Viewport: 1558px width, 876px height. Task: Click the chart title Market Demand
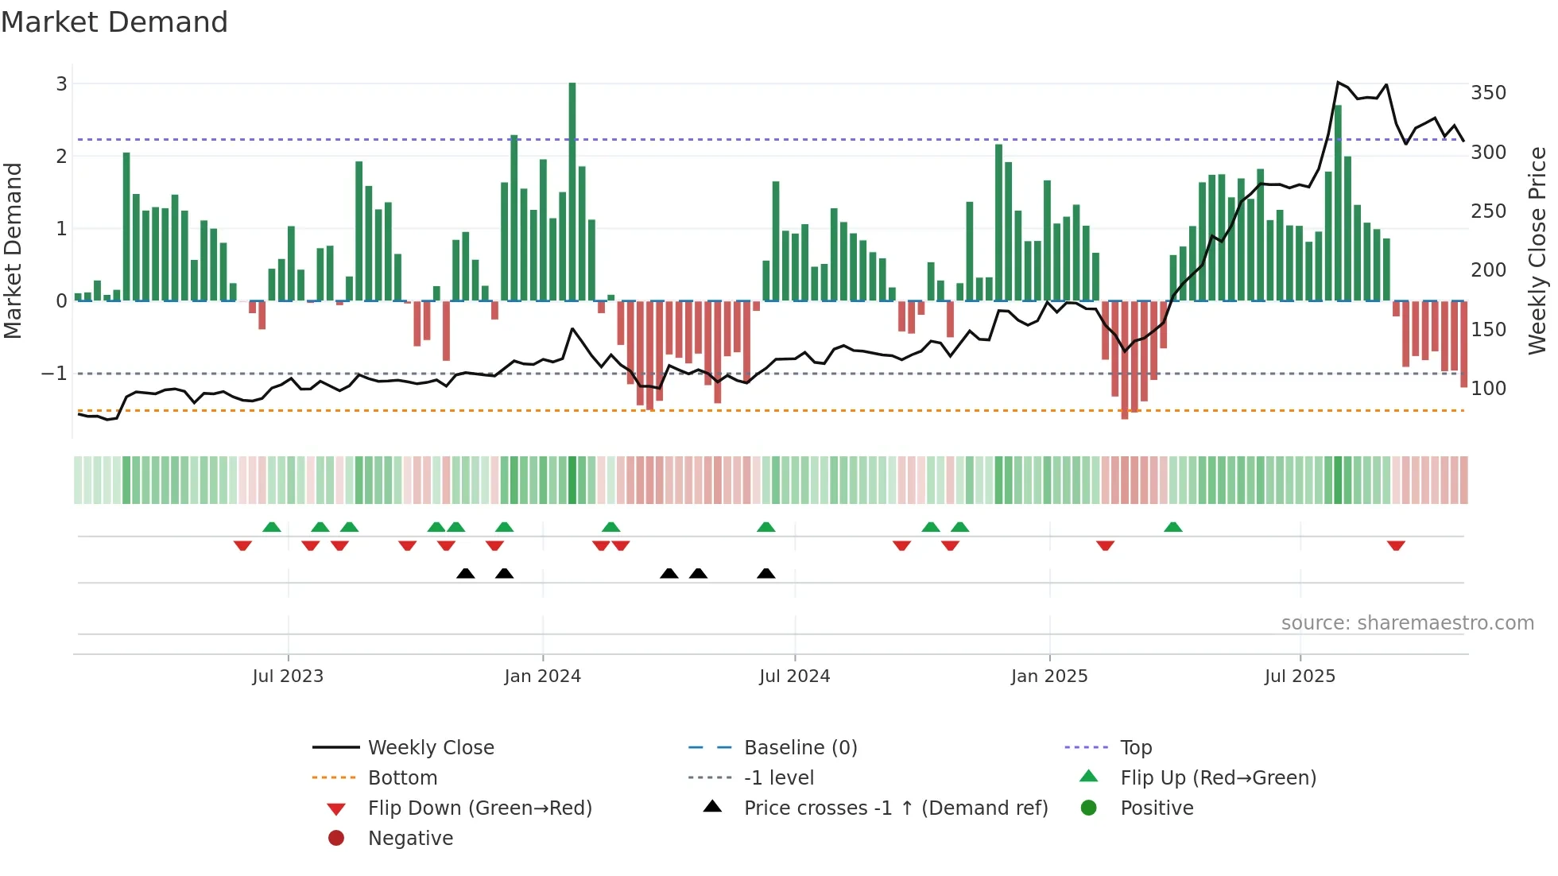click(114, 22)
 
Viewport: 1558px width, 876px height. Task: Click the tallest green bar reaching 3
click(572, 191)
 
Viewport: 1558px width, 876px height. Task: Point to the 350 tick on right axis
click(1488, 93)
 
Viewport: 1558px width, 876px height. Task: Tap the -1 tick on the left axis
click(54, 374)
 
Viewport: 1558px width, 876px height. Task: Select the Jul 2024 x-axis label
click(794, 676)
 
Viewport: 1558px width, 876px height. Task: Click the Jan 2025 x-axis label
click(1049, 676)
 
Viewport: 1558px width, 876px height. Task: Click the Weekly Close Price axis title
click(1537, 250)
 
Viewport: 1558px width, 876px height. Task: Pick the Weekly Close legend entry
click(430, 748)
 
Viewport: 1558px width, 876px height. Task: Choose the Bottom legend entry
click(402, 778)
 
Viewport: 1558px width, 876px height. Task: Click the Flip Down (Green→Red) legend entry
click(479, 808)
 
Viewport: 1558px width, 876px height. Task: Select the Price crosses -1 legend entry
click(895, 808)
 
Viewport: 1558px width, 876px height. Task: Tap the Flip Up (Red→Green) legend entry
click(1218, 778)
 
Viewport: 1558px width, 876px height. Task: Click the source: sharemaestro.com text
click(1407, 623)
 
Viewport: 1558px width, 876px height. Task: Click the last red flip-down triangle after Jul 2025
click(1396, 545)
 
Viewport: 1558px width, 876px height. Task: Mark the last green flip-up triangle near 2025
click(1173, 527)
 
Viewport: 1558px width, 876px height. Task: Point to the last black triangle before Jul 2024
click(766, 574)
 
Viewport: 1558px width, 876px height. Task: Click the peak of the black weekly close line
click(1339, 83)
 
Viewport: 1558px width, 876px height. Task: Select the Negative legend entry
click(410, 839)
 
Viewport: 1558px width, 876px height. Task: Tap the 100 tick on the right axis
click(1488, 389)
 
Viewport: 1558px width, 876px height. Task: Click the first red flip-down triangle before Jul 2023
click(242, 545)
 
